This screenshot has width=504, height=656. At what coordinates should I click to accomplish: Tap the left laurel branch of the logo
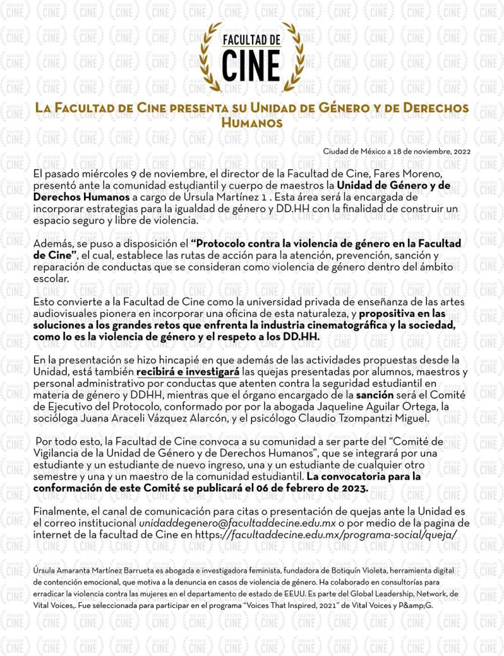click(212, 51)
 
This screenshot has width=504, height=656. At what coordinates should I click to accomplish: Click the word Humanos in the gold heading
click(251, 121)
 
